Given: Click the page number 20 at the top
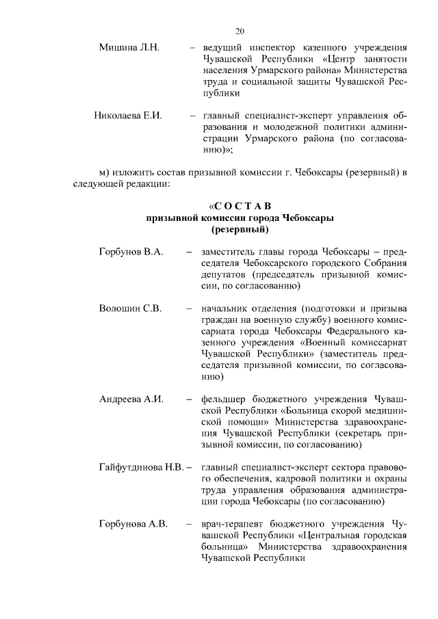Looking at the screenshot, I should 240,31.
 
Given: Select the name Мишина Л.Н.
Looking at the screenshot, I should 129,47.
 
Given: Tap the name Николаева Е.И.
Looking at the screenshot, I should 128,115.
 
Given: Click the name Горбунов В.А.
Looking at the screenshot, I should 131,252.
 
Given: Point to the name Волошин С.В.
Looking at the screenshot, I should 130,308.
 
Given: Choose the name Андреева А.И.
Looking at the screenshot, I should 131,399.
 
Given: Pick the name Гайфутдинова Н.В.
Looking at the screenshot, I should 141,467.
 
